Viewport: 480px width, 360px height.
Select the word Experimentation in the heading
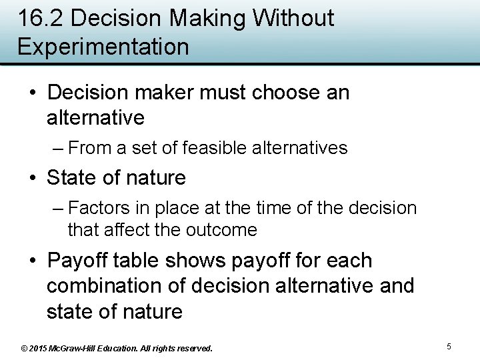click(103, 47)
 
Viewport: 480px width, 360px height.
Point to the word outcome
click(223, 230)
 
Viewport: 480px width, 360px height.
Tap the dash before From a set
click(58, 147)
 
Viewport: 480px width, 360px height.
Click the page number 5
click(449, 347)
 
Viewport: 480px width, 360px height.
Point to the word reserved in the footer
click(193, 348)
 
